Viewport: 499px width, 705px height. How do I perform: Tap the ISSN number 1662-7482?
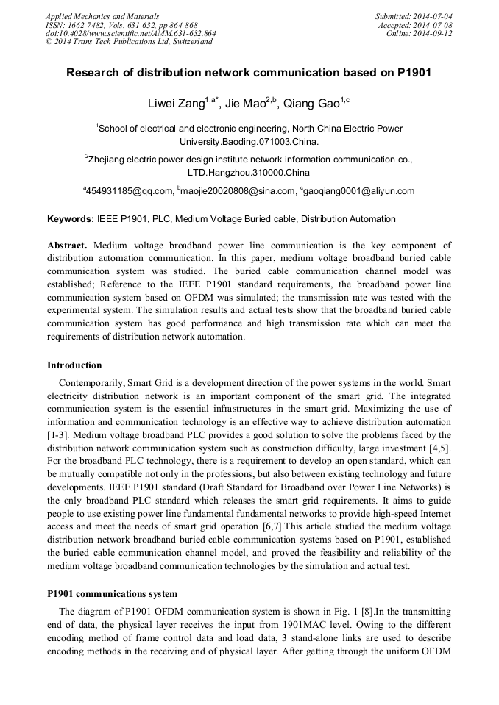[88, 24]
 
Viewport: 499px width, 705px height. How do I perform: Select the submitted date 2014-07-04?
[432, 15]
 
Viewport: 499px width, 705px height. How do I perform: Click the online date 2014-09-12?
[432, 33]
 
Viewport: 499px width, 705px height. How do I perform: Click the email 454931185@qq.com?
[130, 191]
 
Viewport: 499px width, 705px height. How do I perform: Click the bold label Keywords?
[71, 219]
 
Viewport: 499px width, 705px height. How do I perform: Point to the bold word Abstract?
[68, 245]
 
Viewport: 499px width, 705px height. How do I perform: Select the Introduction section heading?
[74, 365]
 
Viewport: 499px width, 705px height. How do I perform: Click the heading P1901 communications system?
[112, 593]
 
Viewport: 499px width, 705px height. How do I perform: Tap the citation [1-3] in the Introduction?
[57, 434]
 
